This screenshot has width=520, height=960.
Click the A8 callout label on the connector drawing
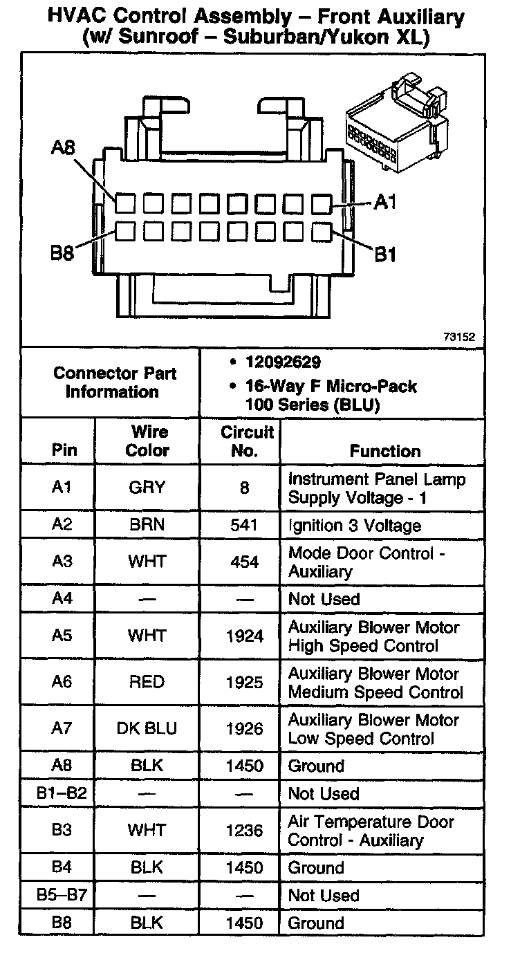pos(64,148)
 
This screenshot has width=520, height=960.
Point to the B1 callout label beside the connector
pos(385,255)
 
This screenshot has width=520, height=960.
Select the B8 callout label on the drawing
pos(62,253)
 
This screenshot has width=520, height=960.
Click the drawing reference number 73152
pos(459,338)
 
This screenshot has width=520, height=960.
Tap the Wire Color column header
pos(147,441)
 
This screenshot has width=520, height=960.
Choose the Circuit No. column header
pos(246,441)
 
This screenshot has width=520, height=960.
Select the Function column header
pos(384,451)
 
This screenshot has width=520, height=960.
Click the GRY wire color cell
pos(147,488)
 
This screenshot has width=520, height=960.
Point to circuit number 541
pos(245,525)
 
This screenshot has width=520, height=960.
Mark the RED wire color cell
pos(147,683)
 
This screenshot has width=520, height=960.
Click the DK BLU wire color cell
pos(147,729)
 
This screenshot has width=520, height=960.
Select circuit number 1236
pos(245,831)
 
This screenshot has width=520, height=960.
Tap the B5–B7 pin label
pos(62,896)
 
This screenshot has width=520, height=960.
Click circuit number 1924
pos(245,636)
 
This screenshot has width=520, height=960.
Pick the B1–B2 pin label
pos(62,793)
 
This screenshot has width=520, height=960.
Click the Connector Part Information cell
pos(115,382)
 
